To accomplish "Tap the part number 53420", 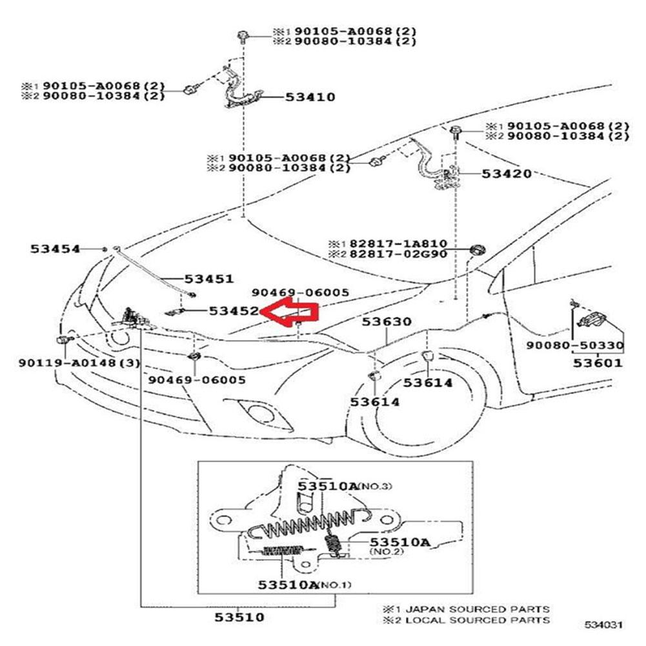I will click(x=507, y=174).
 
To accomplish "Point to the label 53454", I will click(x=55, y=248).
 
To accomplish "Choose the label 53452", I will click(x=234, y=310).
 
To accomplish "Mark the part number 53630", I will click(x=386, y=321).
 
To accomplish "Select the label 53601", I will click(x=599, y=363).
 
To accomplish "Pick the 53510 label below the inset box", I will click(x=239, y=617).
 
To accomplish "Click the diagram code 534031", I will click(x=603, y=625).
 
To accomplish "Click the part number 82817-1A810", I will click(x=398, y=244).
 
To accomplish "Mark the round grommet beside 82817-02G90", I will click(x=478, y=250).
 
